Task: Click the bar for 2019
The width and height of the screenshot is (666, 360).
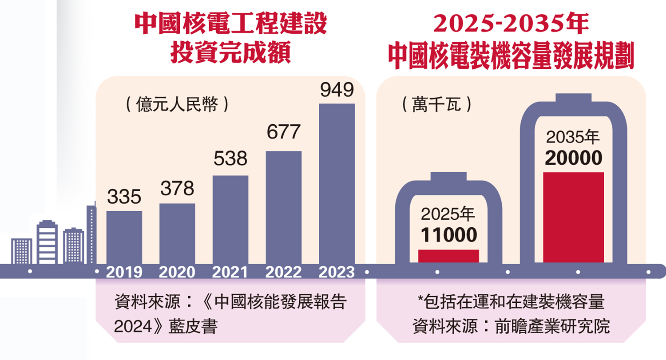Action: pyautogui.click(x=124, y=237)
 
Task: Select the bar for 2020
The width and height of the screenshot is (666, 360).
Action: pyautogui.click(x=177, y=233)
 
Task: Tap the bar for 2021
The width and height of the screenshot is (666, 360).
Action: pyautogui.click(x=230, y=220)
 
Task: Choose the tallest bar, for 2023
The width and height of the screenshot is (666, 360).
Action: pyautogui.click(x=337, y=184)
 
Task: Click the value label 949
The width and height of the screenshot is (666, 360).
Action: pyautogui.click(x=337, y=90)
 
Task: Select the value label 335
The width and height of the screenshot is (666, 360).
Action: pyautogui.click(x=124, y=196)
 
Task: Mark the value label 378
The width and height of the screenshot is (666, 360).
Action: pyautogui.click(x=177, y=189)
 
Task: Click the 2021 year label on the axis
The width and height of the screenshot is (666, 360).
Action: pyautogui.click(x=230, y=272)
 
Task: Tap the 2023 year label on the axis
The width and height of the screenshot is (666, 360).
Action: pyautogui.click(x=337, y=272)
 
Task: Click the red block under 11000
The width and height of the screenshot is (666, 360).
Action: pyautogui.click(x=448, y=256)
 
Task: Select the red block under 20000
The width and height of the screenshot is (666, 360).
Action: pyautogui.click(x=574, y=218)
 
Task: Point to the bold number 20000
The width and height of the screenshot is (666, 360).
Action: pyautogui.click(x=574, y=158)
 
